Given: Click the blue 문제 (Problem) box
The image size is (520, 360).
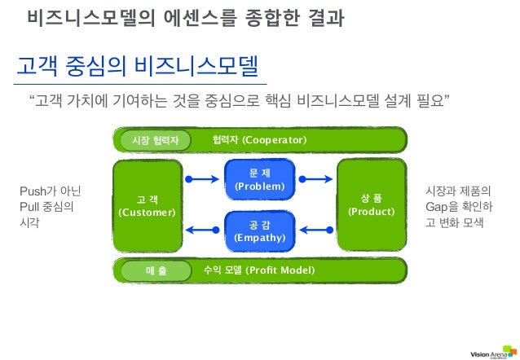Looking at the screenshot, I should pos(259,180).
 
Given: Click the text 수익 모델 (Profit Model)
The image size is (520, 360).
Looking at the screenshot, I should pos(258,270).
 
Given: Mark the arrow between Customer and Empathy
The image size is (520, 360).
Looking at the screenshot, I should pos(204,230).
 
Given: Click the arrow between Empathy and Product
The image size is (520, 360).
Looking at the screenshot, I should pos(315,230).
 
